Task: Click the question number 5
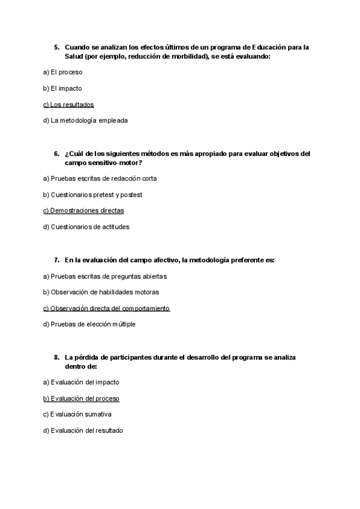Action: [x=56, y=47]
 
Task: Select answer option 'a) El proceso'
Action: [x=62, y=72]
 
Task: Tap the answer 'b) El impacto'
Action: [x=62, y=88]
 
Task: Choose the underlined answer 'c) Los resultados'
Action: [x=68, y=104]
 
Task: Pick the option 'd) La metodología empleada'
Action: [x=85, y=121]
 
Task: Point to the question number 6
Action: [x=56, y=154]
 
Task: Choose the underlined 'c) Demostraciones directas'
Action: [x=83, y=211]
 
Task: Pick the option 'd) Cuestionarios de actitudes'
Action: [x=86, y=227]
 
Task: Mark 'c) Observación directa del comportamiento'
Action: [x=106, y=309]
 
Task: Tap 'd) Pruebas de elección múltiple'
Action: [x=89, y=325]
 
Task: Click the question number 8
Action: [x=56, y=357]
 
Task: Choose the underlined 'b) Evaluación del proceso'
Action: [x=81, y=399]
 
